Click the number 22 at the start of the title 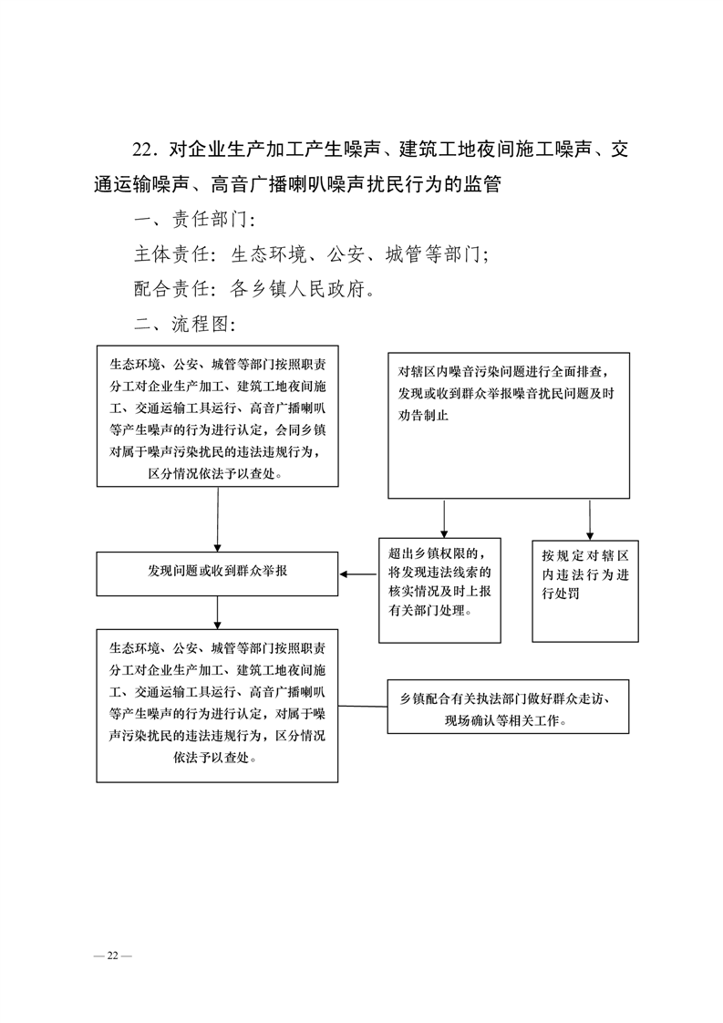click(141, 150)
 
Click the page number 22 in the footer click(113, 956)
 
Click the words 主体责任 click(171, 253)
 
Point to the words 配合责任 click(171, 289)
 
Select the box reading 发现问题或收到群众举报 click(217, 573)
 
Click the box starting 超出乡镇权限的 click(439, 591)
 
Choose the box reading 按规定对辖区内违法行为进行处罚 click(585, 591)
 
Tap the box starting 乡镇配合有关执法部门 click(509, 707)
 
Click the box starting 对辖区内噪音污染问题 click(509, 426)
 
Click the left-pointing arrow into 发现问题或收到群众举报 click(359, 574)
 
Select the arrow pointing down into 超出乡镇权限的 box click(444, 519)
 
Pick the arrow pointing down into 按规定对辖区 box click(590, 520)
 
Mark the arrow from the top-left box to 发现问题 click(217, 520)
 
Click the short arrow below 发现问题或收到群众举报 click(217, 613)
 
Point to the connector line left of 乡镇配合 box click(363, 706)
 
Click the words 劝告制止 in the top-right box click(423, 415)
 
